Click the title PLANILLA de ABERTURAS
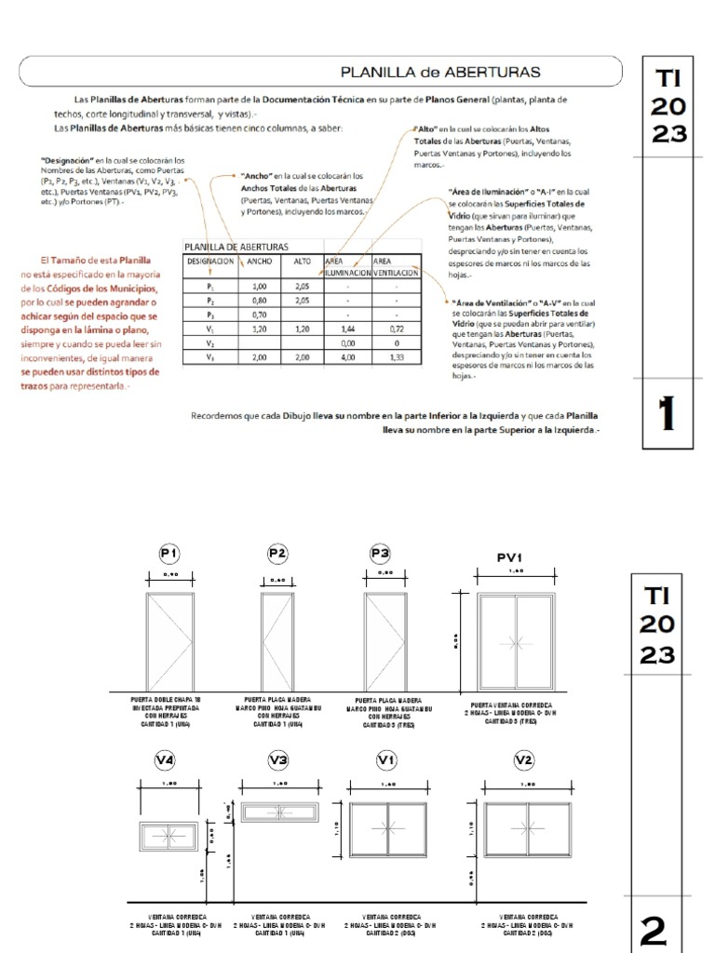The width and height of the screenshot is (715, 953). point(439,71)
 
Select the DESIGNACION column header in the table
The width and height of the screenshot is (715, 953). point(210,262)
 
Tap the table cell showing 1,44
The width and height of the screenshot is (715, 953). point(347,329)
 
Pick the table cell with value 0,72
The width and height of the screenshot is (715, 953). point(396,329)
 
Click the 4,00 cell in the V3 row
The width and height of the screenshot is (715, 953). point(347,357)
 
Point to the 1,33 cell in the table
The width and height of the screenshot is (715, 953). point(396,357)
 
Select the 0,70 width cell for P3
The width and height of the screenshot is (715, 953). point(260,315)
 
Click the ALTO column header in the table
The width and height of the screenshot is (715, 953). point(303,262)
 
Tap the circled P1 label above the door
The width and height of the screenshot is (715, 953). point(169,554)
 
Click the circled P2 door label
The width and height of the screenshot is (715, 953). point(277,554)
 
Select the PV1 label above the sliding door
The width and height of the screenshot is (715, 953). point(508,558)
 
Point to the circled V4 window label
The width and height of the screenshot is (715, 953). point(165,760)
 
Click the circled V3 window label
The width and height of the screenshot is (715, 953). point(278,760)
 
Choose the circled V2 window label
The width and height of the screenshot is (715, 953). point(523,760)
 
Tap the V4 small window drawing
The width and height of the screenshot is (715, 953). point(165,835)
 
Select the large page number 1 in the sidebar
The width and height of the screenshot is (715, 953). point(666,414)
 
